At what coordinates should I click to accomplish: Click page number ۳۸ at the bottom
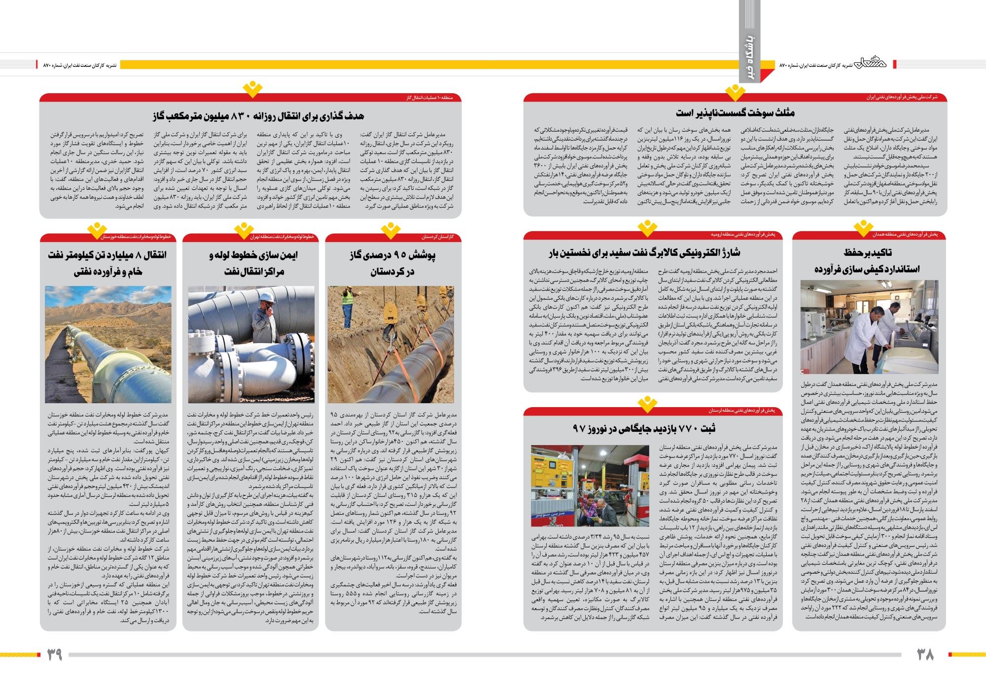[x=925, y=655]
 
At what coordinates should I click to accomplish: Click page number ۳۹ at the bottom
[x=55, y=655]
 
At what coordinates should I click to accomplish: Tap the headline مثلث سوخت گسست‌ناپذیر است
[x=735, y=113]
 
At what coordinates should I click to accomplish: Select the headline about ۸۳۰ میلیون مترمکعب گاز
[x=258, y=116]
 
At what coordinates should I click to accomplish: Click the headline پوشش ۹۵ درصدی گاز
[x=392, y=255]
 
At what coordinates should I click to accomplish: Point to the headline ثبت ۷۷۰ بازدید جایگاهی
[x=644, y=428]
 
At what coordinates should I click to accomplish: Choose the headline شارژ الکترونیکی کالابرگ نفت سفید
[x=644, y=253]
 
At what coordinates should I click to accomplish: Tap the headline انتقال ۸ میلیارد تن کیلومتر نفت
[x=107, y=255]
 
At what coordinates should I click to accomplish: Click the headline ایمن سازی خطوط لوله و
[x=253, y=255]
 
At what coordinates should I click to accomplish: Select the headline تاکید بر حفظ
[x=868, y=253]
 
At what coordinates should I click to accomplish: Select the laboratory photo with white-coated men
[x=869, y=327]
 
